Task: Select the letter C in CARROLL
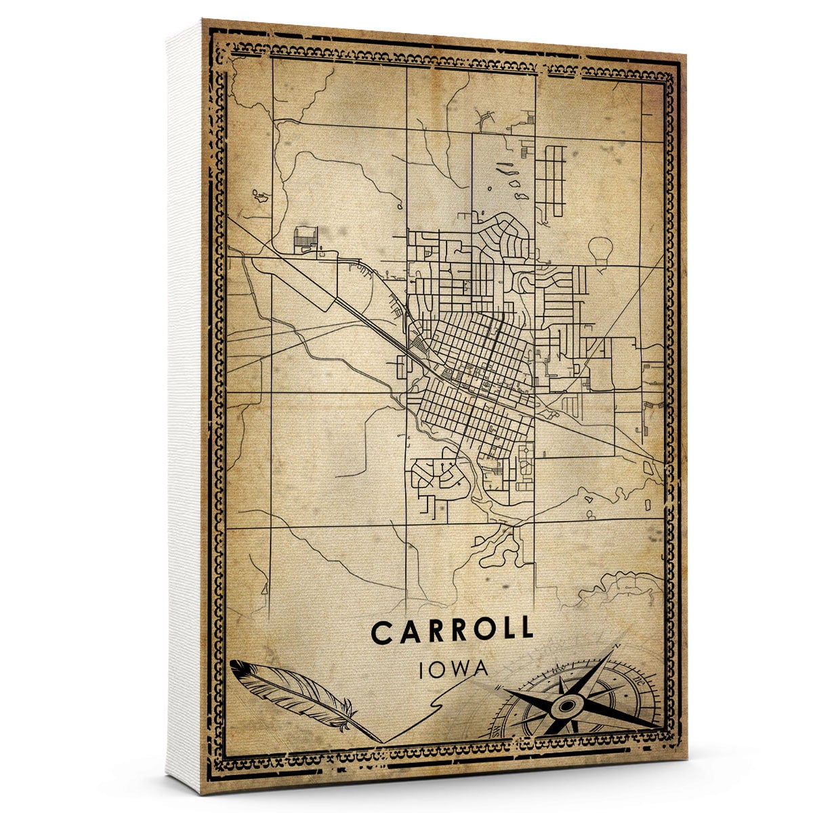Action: [381, 632]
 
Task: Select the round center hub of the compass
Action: [564, 707]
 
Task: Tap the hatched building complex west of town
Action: [306, 238]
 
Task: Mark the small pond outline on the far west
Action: [260, 197]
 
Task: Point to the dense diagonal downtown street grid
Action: [474, 379]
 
